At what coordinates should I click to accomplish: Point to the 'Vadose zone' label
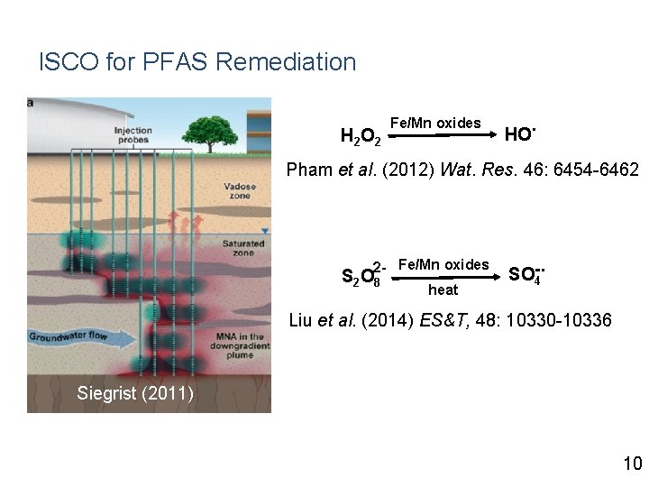point(239,191)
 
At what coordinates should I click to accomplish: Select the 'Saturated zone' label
point(242,248)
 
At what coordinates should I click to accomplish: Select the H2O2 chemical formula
point(360,137)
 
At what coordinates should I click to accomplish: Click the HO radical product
point(520,134)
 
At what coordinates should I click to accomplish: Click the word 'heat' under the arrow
point(443,290)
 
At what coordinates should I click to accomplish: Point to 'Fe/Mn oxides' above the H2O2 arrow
point(435,122)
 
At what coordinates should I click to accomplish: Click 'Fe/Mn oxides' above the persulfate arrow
point(443,264)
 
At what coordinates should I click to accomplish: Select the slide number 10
point(631,464)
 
